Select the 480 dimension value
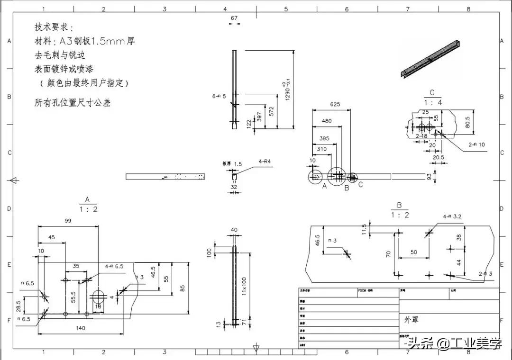(x=327, y=121)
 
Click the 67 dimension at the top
(x=234, y=18)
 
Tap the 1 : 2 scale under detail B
(x=400, y=215)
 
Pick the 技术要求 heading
(x=54, y=27)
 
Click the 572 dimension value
(x=271, y=111)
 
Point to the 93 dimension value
(x=430, y=177)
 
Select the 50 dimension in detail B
(x=414, y=252)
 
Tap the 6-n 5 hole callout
(x=219, y=96)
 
